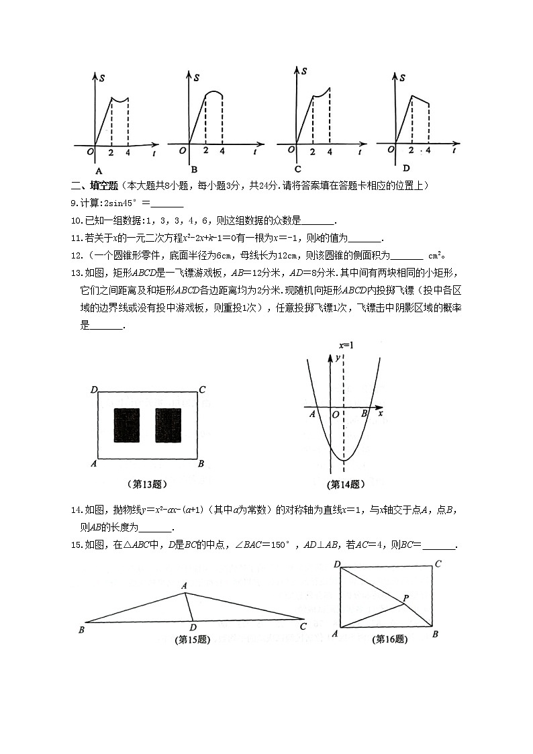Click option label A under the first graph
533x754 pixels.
click(98, 170)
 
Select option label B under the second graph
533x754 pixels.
click(194, 169)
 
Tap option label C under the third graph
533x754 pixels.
click(297, 169)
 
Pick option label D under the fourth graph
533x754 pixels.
click(406, 168)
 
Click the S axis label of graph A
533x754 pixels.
click(101, 79)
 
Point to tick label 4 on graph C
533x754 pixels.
click(330, 152)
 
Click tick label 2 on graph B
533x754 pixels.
click(205, 152)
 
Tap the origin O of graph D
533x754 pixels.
click(389, 150)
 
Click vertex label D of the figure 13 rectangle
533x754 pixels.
click(93, 389)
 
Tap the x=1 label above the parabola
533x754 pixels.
click(346, 345)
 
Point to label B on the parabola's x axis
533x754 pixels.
click(364, 414)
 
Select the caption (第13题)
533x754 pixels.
click(147, 483)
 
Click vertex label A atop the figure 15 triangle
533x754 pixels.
click(184, 585)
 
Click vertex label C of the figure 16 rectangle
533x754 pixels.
click(438, 564)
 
